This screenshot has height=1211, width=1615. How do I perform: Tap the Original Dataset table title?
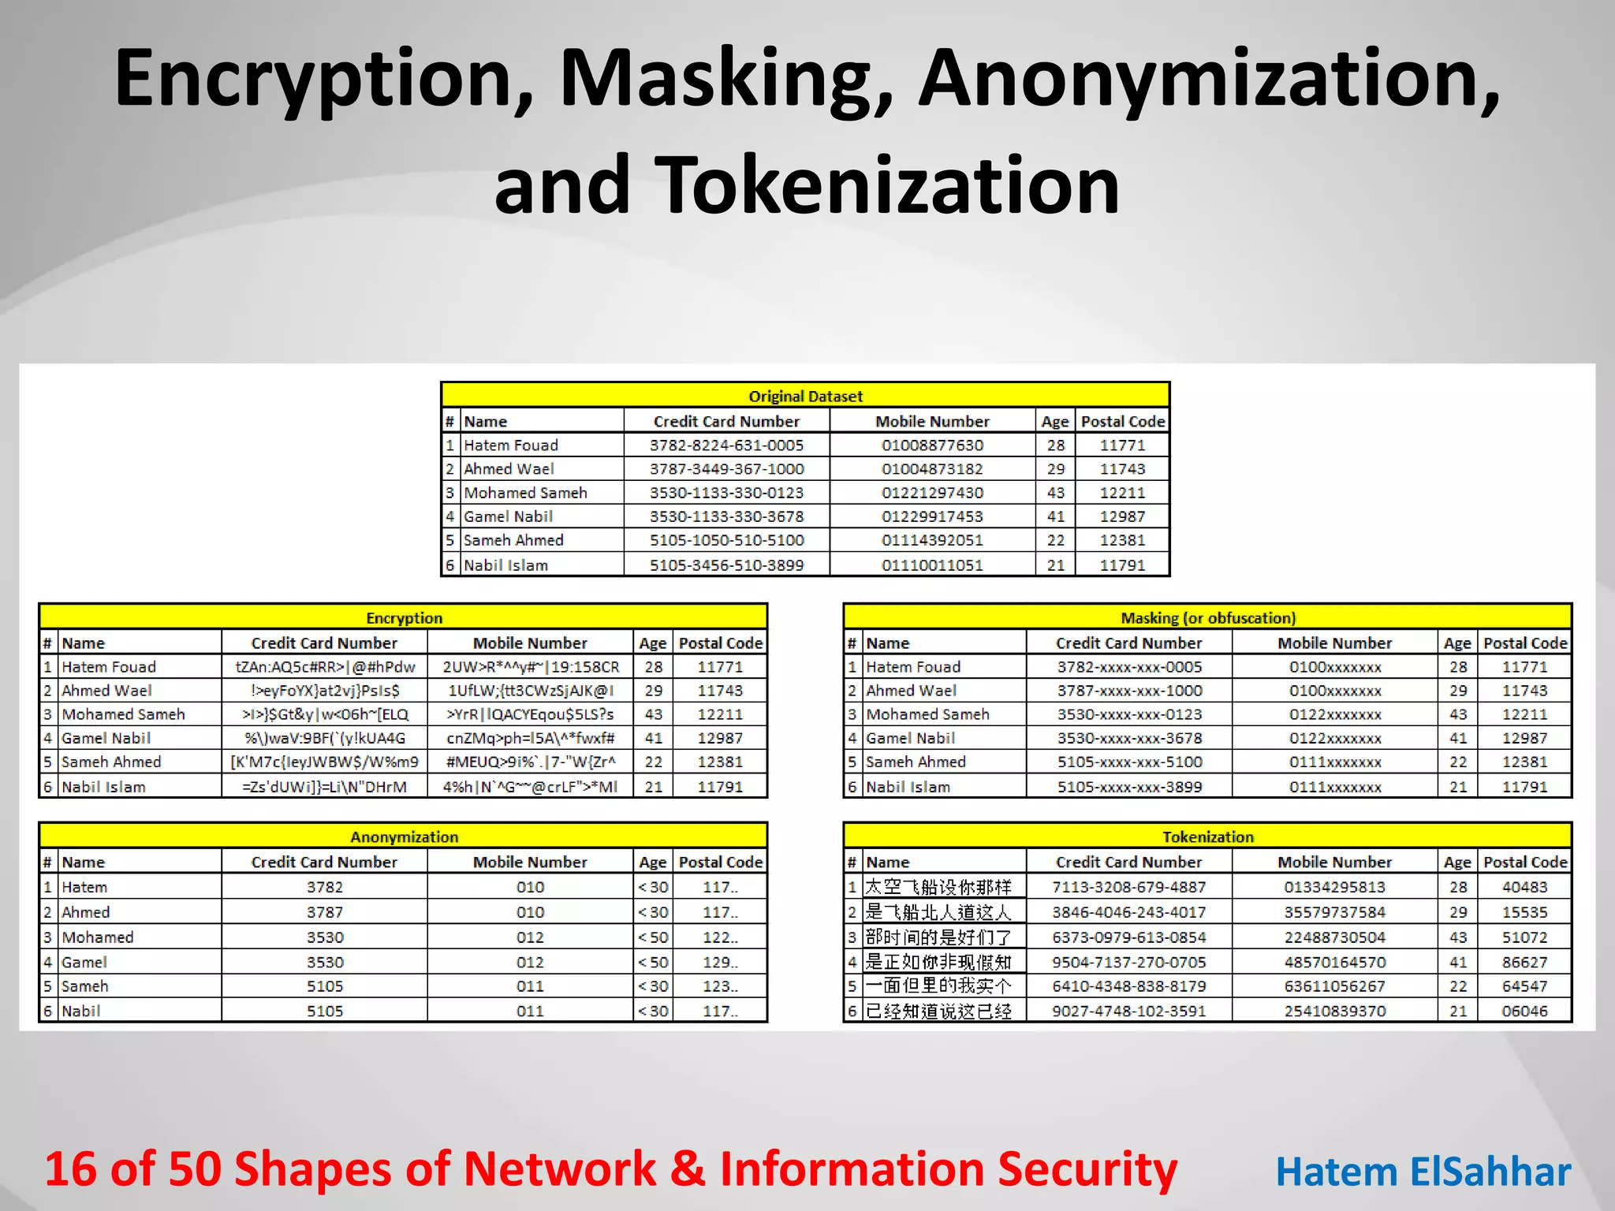pos(805,396)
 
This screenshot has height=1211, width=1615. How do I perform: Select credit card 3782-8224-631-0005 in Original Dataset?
pos(726,445)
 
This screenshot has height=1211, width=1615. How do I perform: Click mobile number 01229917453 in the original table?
pos(932,516)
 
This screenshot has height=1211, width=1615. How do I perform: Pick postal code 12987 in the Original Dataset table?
pos(1122,516)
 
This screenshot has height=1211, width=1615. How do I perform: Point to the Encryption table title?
pos(404,618)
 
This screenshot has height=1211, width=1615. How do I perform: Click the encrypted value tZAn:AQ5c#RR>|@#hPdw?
pos(325,667)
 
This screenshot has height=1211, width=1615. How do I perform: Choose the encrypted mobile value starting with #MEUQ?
pos(530,762)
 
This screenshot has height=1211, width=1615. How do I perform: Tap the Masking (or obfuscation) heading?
pos(1208,618)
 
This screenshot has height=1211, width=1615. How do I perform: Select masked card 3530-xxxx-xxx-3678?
pos(1129,738)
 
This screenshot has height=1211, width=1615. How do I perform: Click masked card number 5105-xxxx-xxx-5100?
pos(1129,762)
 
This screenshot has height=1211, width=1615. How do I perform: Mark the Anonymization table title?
pos(404,837)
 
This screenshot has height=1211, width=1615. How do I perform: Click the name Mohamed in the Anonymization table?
pos(98,937)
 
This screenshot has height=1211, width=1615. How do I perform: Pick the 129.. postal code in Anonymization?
pos(720,962)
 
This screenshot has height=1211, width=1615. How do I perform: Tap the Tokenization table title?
pos(1208,837)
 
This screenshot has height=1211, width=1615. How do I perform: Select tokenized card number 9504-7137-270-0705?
pos(1129,962)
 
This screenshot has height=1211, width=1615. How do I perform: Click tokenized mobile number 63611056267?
pos(1334,986)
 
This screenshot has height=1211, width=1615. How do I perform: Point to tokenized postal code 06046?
pos(1524,1011)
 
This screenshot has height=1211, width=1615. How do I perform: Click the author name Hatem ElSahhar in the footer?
pos(1423,1172)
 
